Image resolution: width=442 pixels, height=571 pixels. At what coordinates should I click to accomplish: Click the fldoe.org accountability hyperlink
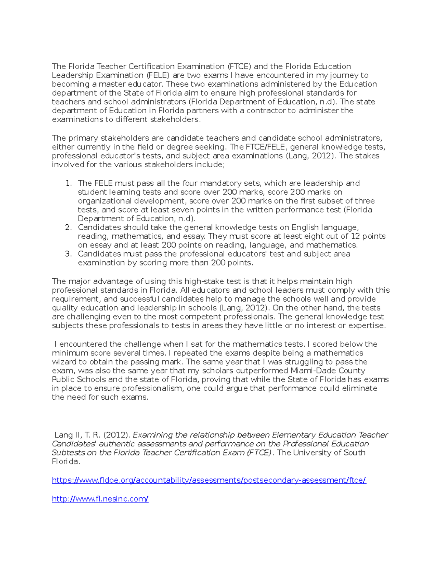pos(209,480)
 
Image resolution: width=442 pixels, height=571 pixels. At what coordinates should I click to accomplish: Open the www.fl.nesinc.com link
pos(100,499)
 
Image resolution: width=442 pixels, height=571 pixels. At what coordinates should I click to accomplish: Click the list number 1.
pos(68,183)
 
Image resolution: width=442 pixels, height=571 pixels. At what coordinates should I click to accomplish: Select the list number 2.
pos(68,228)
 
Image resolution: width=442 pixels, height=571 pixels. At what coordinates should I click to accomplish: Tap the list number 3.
pos(68,254)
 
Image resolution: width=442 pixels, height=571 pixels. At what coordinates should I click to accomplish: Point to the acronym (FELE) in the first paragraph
pos(158,75)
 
